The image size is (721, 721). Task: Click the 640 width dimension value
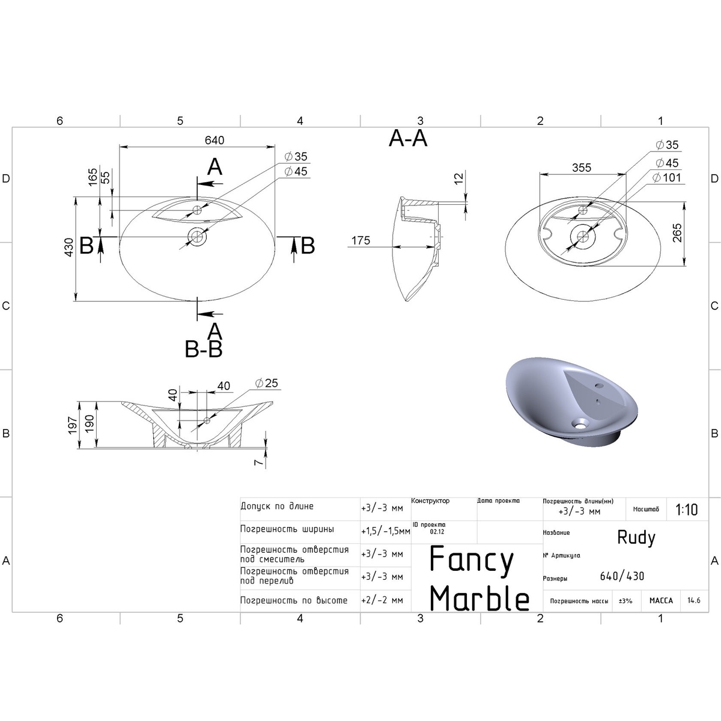pyautogui.click(x=214, y=141)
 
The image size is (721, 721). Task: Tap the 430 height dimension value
pyautogui.click(x=69, y=248)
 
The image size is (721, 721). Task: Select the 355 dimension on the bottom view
pyautogui.click(x=582, y=168)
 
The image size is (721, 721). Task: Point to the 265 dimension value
pyautogui.click(x=677, y=233)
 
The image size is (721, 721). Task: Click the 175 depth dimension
pyautogui.click(x=360, y=240)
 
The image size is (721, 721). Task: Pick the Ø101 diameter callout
pyautogui.click(x=667, y=177)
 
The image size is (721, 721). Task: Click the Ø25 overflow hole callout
pyautogui.click(x=267, y=383)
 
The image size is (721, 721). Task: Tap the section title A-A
pyautogui.click(x=408, y=138)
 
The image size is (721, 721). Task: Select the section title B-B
pyautogui.click(x=204, y=349)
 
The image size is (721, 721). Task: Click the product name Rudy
pyautogui.click(x=636, y=538)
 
